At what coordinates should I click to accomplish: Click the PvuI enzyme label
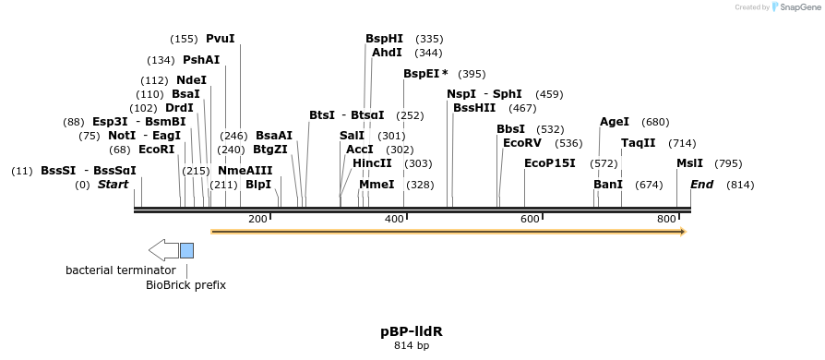click(221, 39)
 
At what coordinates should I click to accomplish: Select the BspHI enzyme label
click(384, 39)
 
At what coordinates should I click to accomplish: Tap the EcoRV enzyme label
click(521, 143)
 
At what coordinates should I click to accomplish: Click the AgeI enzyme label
click(615, 122)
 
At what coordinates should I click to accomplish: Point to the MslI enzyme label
click(689, 163)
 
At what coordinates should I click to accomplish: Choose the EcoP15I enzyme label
click(549, 163)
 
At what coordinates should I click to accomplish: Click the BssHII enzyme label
click(474, 108)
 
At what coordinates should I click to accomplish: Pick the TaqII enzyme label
click(639, 143)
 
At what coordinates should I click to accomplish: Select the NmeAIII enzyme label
click(245, 171)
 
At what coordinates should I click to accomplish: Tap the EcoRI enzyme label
click(156, 150)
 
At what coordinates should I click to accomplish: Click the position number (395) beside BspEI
click(472, 74)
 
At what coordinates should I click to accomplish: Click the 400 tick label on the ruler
click(394, 219)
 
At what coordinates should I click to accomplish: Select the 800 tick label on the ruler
click(666, 219)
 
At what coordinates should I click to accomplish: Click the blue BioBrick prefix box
click(186, 250)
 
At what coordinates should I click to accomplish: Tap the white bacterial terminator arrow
click(163, 250)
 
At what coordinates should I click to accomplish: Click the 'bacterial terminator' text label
click(120, 270)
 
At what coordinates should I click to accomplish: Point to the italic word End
click(701, 185)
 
